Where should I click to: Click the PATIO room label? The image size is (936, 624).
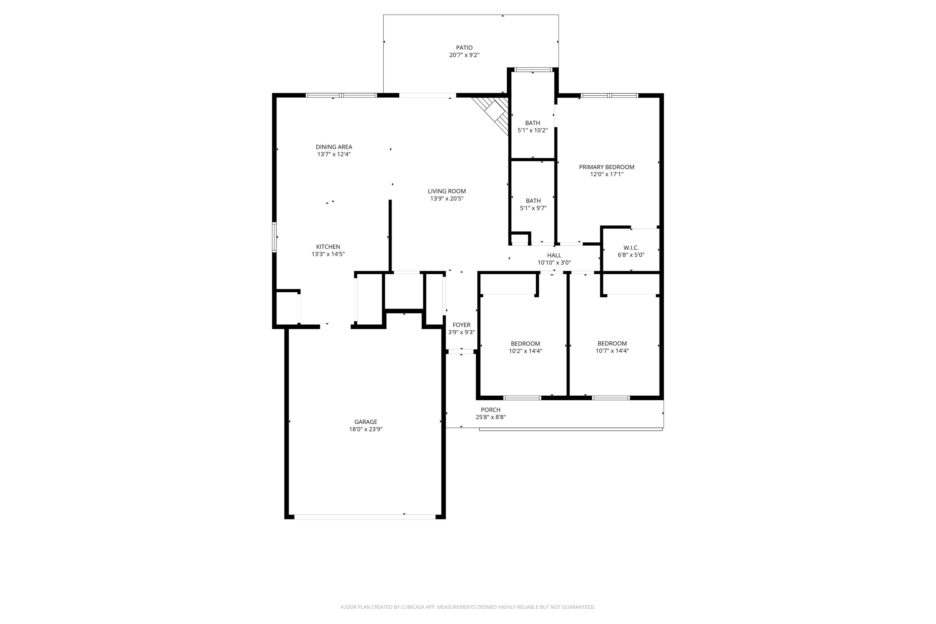[464, 48]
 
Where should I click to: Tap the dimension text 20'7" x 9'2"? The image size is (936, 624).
[464, 55]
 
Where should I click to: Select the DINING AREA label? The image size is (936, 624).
[334, 147]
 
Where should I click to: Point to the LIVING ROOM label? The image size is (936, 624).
[446, 191]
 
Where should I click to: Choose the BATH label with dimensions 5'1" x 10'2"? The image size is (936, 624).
[533, 123]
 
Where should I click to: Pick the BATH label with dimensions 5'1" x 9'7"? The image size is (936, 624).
[533, 201]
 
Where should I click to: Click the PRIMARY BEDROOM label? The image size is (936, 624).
[607, 167]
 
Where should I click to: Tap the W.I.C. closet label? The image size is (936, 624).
[631, 247]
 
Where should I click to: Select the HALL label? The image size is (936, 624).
[554, 256]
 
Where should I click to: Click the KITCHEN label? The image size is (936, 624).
[328, 247]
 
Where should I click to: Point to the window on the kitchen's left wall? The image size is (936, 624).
[274, 237]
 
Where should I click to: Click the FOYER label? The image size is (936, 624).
[461, 325]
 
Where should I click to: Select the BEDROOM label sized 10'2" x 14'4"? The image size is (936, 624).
[525, 344]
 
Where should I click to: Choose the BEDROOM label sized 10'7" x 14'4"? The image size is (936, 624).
[612, 344]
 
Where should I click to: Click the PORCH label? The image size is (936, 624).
[490, 409]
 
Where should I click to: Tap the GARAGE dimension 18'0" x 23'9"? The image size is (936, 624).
[366, 429]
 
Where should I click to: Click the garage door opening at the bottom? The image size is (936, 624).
[364, 517]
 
